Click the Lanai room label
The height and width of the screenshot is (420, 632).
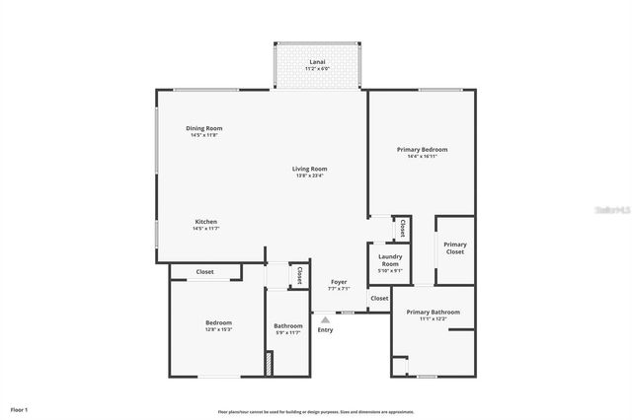pos(318,61)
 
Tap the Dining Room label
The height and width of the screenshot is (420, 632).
pos(204,129)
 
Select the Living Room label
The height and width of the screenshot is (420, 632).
pos(309,169)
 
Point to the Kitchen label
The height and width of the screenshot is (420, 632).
pos(205,222)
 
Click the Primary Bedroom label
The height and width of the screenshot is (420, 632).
pos(422,149)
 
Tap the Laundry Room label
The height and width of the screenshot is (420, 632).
pos(389,260)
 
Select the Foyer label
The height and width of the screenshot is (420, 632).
pos(338,283)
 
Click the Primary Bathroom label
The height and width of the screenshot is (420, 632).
pos(434,312)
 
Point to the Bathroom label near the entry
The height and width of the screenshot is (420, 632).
pos(288,325)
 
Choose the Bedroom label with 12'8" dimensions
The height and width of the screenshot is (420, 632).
pos(218,322)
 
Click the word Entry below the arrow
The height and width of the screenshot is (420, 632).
pos(325,329)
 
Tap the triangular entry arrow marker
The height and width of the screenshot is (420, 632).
pos(325,318)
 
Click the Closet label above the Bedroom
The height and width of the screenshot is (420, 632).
pos(204,272)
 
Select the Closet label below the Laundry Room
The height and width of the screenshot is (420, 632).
pos(379,298)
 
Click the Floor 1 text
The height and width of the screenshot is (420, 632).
pos(19,409)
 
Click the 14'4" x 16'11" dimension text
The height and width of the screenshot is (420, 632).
pos(422,156)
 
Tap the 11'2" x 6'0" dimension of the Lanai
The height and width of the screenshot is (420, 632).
pos(318,69)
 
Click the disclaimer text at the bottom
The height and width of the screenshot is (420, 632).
pos(316,411)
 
